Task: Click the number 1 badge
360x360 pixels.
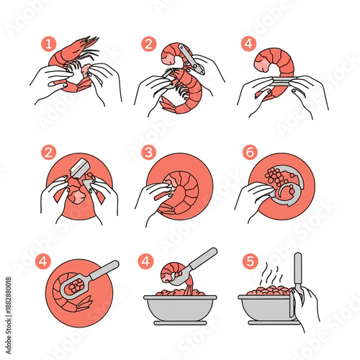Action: (x=50, y=44)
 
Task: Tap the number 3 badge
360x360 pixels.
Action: (x=148, y=153)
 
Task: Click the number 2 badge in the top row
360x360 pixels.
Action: (x=148, y=44)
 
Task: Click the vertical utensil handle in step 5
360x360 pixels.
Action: (x=297, y=270)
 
